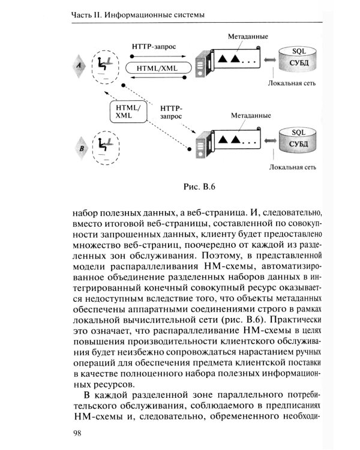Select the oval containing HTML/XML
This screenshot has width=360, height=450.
tap(157, 68)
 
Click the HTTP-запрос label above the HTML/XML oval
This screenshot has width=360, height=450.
tap(157, 47)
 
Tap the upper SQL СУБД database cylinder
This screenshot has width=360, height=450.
tap(298, 59)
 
